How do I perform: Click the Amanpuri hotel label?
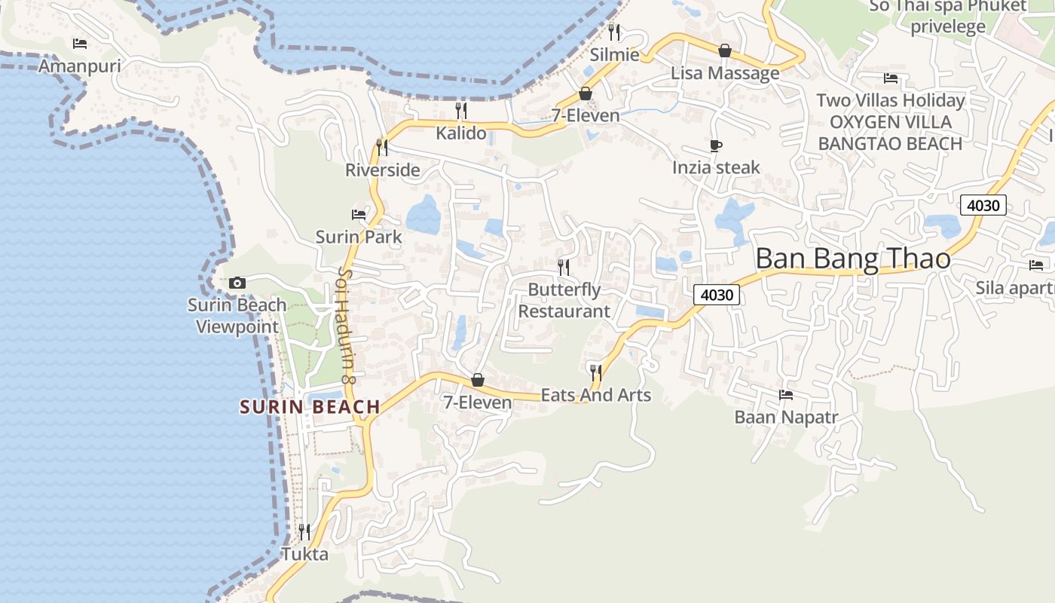tap(79, 66)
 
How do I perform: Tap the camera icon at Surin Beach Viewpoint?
tap(237, 283)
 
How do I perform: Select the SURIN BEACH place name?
tap(310, 407)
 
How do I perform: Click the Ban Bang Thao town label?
tap(852, 259)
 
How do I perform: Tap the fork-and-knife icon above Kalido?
tap(461, 111)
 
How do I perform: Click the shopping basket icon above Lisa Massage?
tap(725, 51)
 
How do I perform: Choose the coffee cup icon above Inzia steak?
tap(716, 145)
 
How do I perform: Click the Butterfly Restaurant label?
tap(564, 300)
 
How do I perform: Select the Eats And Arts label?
tap(595, 395)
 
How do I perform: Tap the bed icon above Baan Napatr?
tap(786, 394)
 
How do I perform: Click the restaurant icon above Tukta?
tap(304, 532)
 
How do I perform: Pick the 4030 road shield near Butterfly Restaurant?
tap(716, 295)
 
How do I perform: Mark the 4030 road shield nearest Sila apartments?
tap(983, 205)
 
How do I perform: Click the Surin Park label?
tap(359, 237)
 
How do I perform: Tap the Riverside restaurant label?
tap(382, 170)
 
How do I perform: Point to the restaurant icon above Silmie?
tap(614, 32)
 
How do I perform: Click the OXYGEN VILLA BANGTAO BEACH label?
tap(890, 133)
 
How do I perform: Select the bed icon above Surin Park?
tap(359, 215)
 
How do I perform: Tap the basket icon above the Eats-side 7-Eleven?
tap(478, 380)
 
